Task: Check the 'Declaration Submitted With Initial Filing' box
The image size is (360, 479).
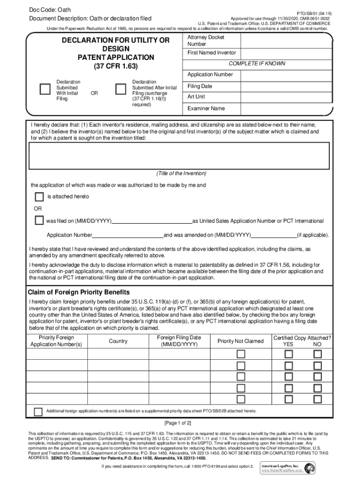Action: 45,88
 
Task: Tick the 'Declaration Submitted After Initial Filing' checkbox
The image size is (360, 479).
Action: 121,88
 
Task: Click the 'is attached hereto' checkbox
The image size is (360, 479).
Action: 39,196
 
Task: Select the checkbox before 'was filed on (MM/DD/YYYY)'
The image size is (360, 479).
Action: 39,220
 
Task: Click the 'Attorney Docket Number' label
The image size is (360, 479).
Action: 199,41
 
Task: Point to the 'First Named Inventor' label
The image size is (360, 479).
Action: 211,53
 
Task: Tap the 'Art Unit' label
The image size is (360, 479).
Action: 196,97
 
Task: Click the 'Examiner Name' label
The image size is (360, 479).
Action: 206,109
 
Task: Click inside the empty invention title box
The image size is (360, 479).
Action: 179,155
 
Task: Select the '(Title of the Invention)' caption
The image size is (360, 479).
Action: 180,174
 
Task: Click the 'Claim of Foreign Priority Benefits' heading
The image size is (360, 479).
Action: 79,292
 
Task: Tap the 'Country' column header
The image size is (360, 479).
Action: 118,341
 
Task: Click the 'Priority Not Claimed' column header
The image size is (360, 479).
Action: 240,341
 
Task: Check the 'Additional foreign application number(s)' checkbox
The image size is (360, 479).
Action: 38,411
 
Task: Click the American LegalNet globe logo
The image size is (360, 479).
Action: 310,468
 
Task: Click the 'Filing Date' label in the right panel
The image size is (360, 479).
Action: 200,86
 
